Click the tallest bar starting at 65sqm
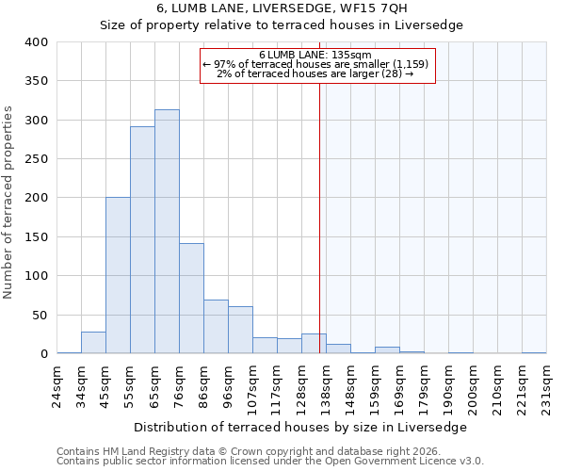167,232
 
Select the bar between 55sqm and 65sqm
142,240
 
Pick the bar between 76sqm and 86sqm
191,299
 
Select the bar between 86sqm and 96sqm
216,327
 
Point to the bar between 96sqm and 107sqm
240,330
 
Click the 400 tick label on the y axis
36,42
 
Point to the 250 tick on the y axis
36,159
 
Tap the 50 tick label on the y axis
40,315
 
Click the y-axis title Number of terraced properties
9,203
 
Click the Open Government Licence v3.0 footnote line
270,462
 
